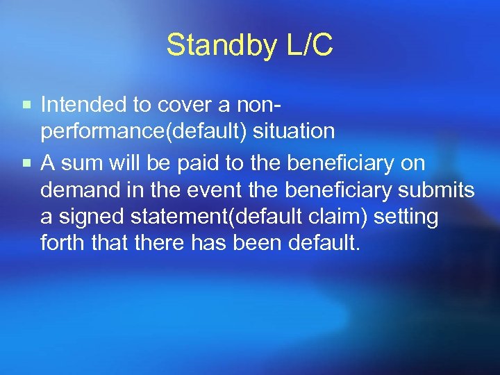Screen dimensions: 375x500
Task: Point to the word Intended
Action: coord(86,105)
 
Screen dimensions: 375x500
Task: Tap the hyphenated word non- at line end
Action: coord(265,105)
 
